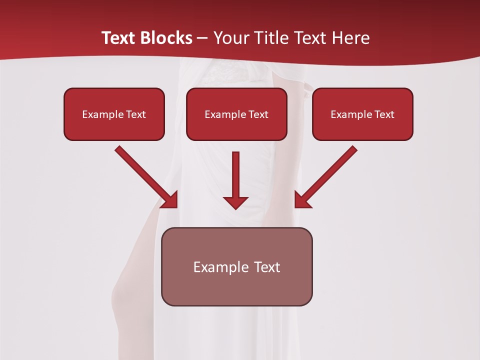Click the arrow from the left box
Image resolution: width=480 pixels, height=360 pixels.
point(145,175)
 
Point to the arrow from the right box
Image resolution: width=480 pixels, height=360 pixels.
point(327,175)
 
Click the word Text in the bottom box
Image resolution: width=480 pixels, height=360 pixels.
point(266,267)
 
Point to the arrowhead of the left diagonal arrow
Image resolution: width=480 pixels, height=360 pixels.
point(170,200)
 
